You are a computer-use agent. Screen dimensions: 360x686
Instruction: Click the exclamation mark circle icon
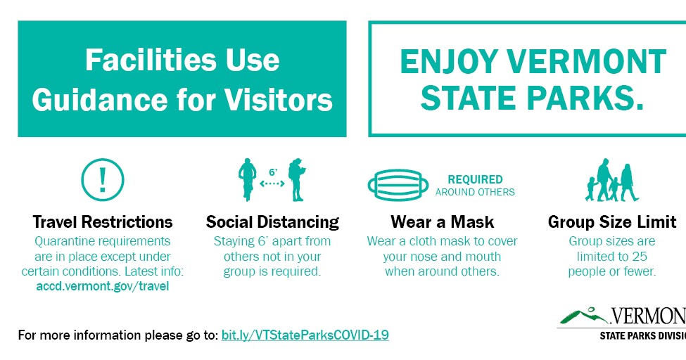coord(103,179)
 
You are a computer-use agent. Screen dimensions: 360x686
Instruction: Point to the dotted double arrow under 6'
coord(272,184)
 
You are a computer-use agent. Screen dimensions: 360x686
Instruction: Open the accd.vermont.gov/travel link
coord(103,286)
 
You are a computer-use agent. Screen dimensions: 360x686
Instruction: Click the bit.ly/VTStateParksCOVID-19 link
coord(305,335)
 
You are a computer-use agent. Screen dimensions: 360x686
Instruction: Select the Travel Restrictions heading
coord(103,222)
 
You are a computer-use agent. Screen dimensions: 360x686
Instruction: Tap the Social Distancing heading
coord(272,222)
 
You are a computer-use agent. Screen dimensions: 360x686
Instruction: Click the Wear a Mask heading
coord(443,222)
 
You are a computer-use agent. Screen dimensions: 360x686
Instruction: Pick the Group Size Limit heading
coord(612,222)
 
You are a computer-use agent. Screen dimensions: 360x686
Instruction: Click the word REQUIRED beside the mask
coord(475,179)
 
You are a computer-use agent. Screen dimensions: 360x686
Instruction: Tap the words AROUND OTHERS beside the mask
coord(475,192)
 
